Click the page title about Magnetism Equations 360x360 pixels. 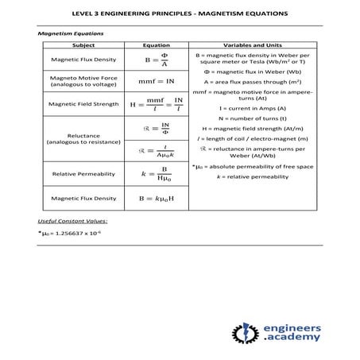coord(180,14)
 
